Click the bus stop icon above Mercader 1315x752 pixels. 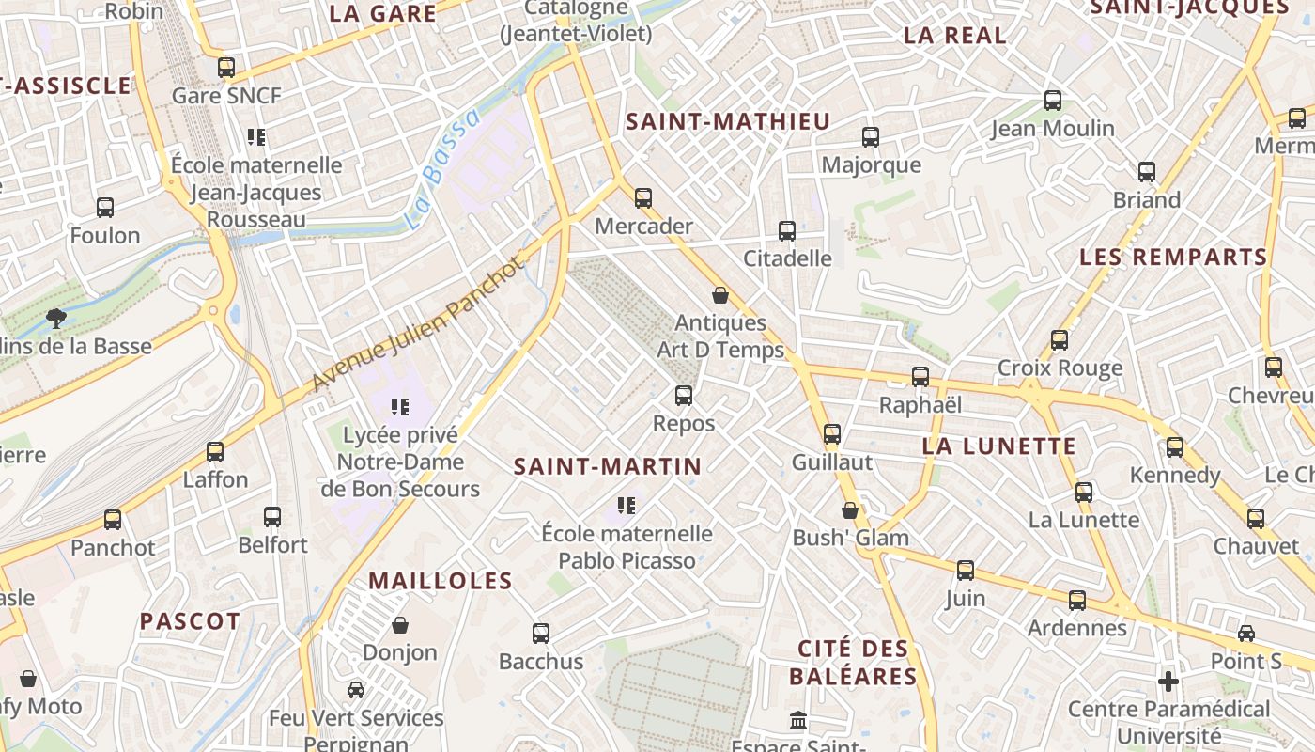click(643, 198)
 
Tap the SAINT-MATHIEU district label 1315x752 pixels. click(728, 121)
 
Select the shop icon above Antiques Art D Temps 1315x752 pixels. click(720, 295)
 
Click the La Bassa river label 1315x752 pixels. click(442, 170)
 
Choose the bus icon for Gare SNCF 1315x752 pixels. click(225, 68)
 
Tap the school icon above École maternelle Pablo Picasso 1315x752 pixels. click(627, 506)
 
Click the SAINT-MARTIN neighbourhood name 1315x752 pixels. click(608, 466)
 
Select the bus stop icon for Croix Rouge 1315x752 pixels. click(1060, 340)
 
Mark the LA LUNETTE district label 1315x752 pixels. click(998, 446)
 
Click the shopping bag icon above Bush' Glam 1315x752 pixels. click(850, 510)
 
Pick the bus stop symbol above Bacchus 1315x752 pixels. click(541, 634)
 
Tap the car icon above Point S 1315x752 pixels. click(1246, 634)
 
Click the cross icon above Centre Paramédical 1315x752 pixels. click(1168, 681)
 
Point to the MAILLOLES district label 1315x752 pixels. click(441, 581)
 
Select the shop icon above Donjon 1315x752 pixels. click(400, 625)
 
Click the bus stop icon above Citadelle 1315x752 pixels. click(787, 230)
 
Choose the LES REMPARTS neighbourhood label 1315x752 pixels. click(1173, 257)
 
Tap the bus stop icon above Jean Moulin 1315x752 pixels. click(1053, 101)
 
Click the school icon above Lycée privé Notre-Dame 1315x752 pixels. click(400, 407)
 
